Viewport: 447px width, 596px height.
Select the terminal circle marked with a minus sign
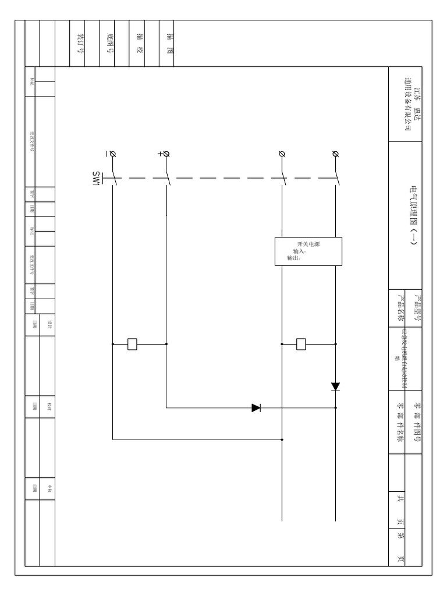point(112,154)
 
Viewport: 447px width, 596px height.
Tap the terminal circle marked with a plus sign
point(166,154)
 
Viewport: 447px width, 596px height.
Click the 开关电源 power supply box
point(308,251)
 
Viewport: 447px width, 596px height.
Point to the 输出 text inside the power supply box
point(293,258)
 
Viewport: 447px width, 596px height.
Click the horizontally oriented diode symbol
point(256,408)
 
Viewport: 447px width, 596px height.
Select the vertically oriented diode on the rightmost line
point(335,386)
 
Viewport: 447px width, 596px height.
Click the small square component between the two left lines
point(133,344)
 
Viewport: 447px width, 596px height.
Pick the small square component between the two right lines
point(301,344)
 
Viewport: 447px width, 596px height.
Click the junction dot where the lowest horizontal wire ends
point(282,440)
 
